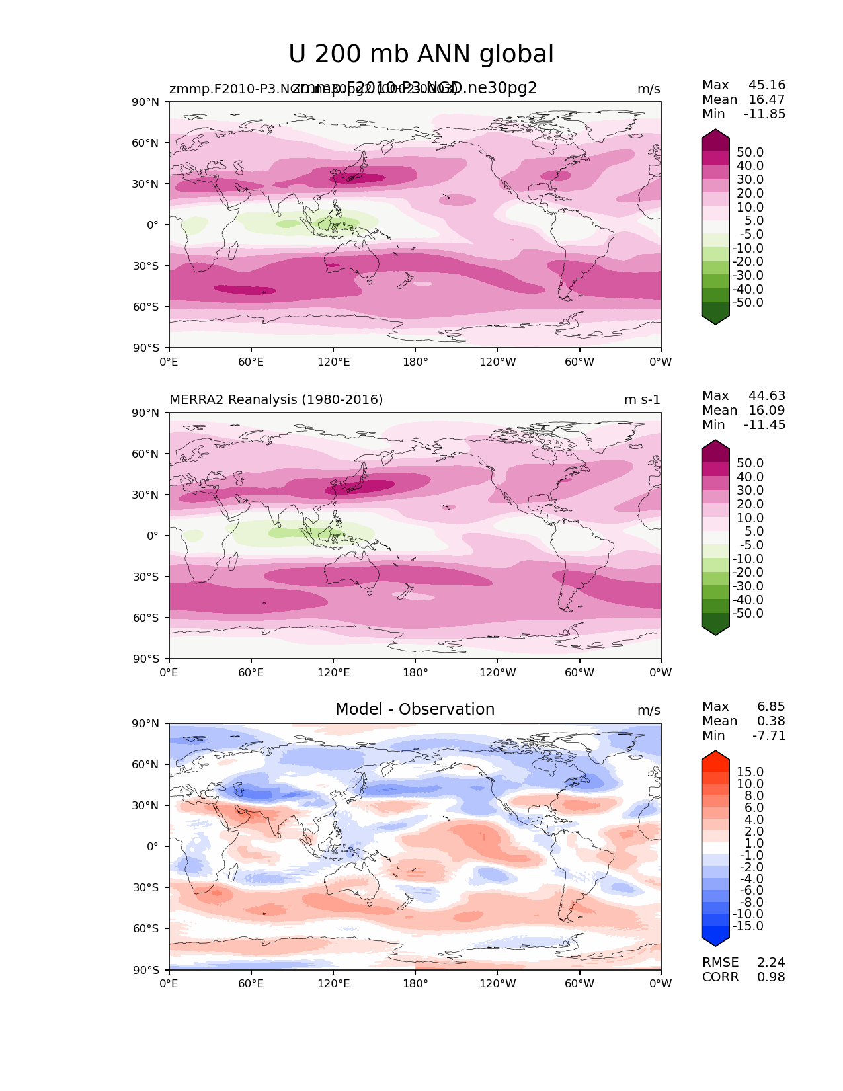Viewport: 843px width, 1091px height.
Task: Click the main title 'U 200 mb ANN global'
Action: click(421, 54)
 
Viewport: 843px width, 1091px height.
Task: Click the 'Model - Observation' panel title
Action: click(415, 709)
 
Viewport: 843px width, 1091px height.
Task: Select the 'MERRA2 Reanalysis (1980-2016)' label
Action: click(276, 400)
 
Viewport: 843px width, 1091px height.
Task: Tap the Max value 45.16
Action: click(767, 85)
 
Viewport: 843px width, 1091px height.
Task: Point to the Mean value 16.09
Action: click(767, 411)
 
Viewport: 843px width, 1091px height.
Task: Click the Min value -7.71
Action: click(769, 736)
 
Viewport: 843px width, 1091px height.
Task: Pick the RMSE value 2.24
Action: click(771, 963)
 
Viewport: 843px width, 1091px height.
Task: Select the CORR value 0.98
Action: click(771, 977)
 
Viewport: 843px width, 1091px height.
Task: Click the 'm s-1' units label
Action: click(642, 400)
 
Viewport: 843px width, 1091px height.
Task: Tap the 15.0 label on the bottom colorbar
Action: click(750, 772)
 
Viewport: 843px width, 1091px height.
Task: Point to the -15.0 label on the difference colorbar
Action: click(748, 926)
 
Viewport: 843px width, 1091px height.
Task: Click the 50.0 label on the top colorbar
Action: click(750, 153)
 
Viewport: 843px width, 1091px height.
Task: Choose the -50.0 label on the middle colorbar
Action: click(748, 614)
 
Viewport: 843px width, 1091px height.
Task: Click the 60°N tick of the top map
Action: click(146, 143)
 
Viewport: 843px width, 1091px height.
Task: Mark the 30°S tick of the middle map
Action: click(146, 577)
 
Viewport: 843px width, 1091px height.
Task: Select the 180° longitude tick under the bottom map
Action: click(415, 984)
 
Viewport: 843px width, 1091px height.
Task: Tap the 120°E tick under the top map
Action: click(333, 362)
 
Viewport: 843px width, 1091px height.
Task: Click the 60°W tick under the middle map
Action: click(579, 673)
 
